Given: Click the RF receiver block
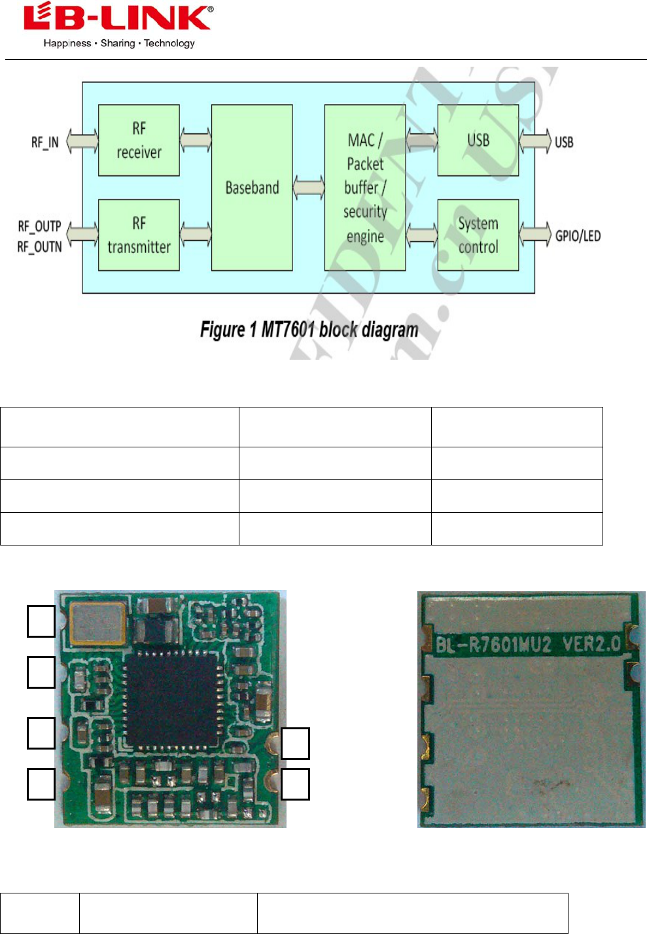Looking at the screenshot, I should pos(139,140).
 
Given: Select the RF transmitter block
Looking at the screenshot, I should pos(139,235).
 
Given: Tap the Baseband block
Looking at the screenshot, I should pos(252,188).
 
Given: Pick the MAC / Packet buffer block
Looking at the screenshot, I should pos(365,188).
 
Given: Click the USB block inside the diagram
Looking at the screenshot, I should pos(478,140).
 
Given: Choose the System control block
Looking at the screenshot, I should pos(478,235).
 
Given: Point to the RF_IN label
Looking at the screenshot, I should pos(45,142).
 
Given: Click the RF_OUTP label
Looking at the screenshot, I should pos(39,226).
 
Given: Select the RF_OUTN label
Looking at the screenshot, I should pos(39,247).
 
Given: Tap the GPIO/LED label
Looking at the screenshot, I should pos(578,235).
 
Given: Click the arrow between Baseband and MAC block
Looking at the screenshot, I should pos(309,188).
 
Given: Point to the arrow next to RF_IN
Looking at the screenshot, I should pos(82,141).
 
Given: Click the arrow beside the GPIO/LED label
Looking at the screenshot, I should pos(536,235).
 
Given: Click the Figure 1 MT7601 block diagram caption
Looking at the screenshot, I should pos(309,329).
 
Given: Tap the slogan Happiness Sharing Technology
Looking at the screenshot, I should pos(119,43).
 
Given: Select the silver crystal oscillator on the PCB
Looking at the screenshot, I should pos(98,622).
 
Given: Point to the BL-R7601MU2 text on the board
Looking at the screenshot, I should pos(494,645).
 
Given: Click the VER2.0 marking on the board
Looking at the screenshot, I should pos(591,644).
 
